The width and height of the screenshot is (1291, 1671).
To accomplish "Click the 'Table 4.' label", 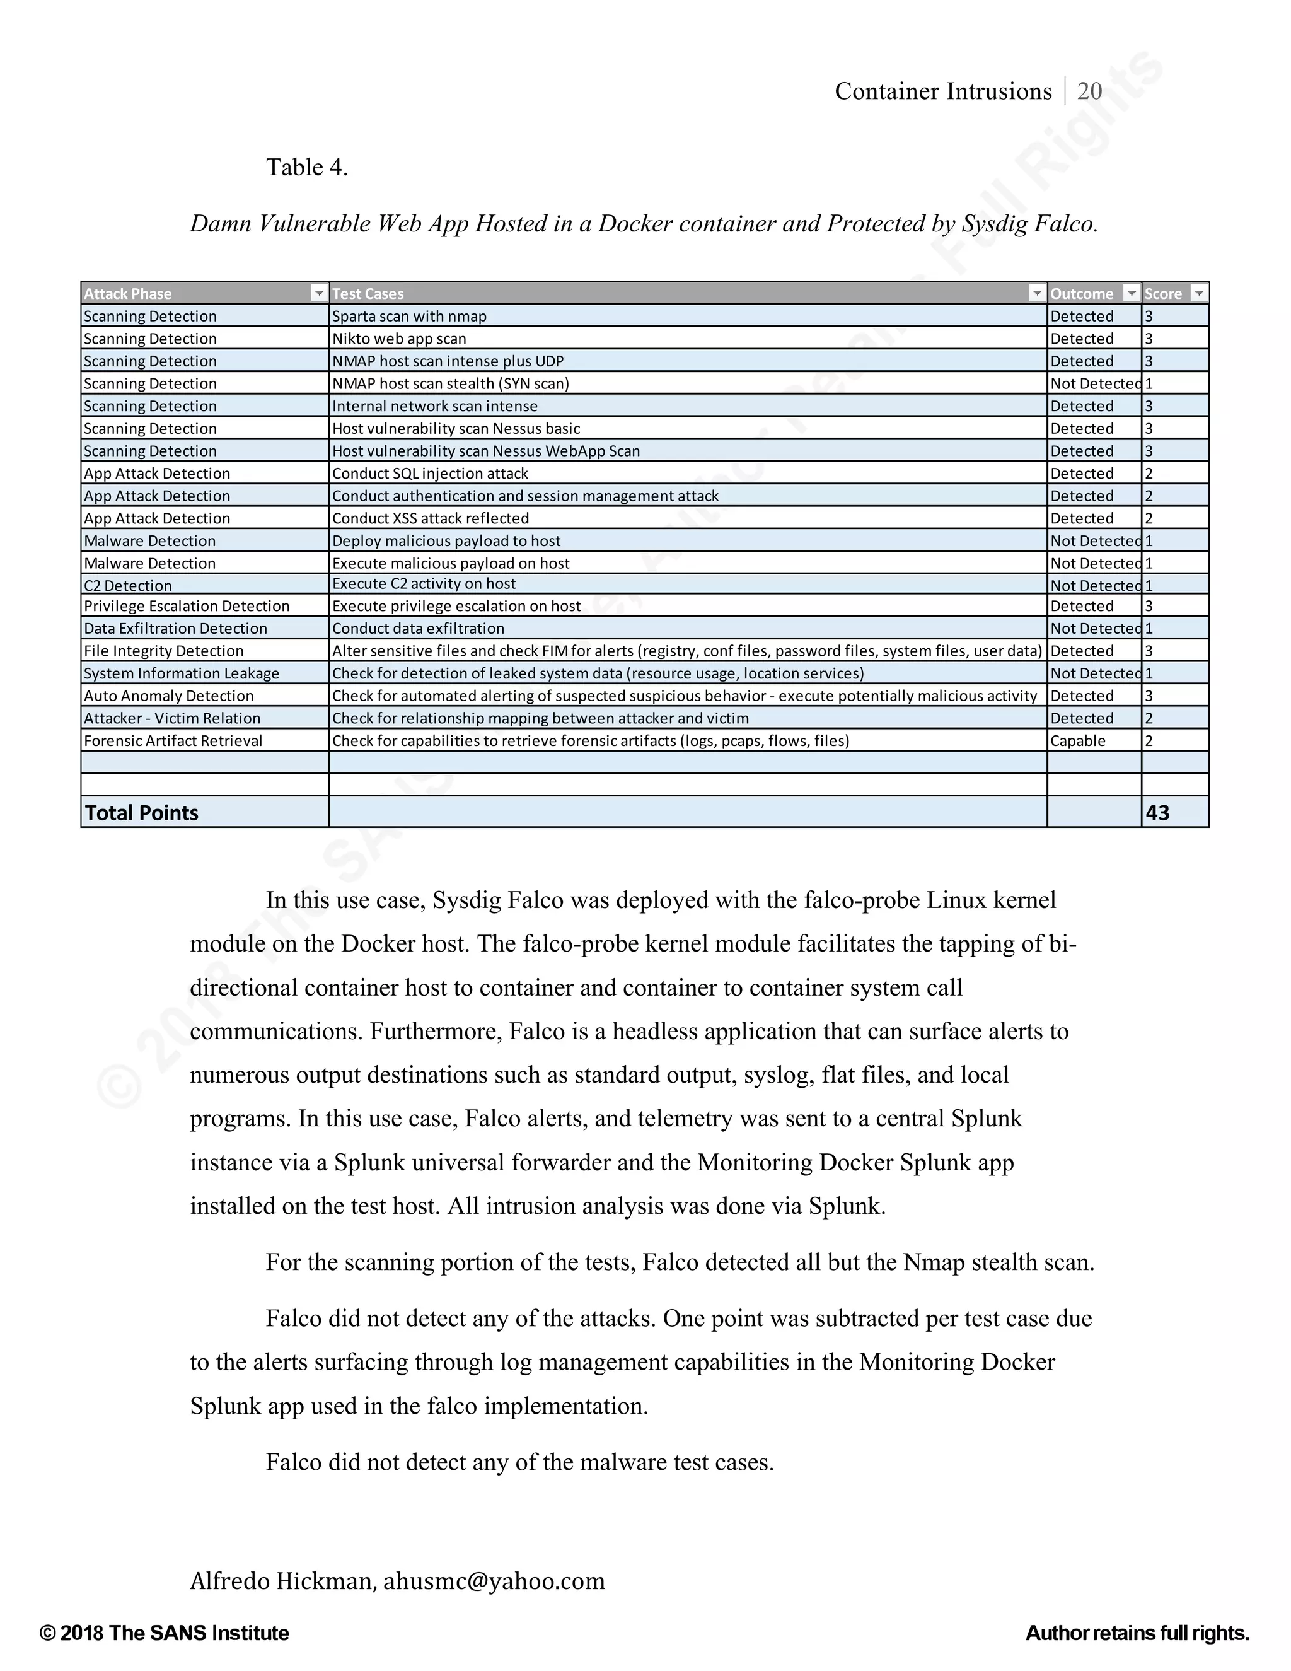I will (x=307, y=167).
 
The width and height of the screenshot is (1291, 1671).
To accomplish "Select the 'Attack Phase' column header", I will (x=128, y=294).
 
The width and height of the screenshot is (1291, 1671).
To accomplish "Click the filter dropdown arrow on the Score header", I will (x=1199, y=293).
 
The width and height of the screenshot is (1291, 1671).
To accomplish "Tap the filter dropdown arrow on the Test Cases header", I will (x=1036, y=293).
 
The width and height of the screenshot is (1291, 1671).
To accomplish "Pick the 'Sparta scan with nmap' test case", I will (x=409, y=316).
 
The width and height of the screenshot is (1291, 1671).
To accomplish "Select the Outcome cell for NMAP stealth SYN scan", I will (x=1094, y=383).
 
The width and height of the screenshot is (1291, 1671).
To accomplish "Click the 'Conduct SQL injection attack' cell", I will (x=430, y=474).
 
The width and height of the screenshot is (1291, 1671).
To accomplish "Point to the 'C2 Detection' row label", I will (x=128, y=585).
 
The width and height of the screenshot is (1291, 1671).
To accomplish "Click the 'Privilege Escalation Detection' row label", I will (x=187, y=606).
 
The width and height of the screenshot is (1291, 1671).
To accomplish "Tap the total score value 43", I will (x=1157, y=813).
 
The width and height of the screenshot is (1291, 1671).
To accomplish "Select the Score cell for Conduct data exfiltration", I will (x=1150, y=628).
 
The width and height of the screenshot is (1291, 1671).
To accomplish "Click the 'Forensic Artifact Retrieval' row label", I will (x=173, y=741).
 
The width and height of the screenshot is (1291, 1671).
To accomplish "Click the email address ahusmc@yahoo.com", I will (x=494, y=1580).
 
